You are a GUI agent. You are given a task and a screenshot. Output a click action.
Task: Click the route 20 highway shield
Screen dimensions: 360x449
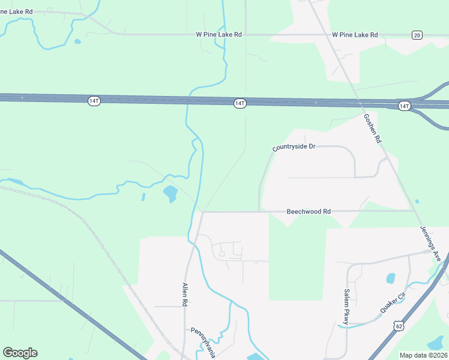[x=417, y=35]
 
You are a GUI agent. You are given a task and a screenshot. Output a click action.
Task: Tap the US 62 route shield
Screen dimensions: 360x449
[x=400, y=326]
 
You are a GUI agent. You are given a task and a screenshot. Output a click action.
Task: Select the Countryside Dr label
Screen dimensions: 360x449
[x=294, y=147]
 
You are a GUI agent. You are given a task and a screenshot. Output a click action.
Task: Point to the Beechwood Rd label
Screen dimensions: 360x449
[x=309, y=212]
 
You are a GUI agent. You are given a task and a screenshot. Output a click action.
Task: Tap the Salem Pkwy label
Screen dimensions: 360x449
[x=346, y=307]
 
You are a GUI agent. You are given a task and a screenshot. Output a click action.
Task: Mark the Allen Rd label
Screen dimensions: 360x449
[x=185, y=295]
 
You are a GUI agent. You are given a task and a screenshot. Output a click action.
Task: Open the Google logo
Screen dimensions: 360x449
[x=20, y=353]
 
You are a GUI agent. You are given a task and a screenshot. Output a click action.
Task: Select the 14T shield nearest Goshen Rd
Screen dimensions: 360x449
[x=404, y=106]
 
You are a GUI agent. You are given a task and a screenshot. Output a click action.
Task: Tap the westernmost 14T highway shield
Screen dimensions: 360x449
[x=94, y=101]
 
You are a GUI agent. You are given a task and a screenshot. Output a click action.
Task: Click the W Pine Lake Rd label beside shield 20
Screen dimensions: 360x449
[x=355, y=35]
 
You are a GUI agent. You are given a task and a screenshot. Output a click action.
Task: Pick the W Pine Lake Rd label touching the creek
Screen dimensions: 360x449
[x=218, y=35]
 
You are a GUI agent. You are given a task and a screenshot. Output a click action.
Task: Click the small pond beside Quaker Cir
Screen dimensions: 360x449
[x=391, y=278]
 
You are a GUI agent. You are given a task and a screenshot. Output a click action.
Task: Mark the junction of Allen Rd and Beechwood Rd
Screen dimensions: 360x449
[x=202, y=212]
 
